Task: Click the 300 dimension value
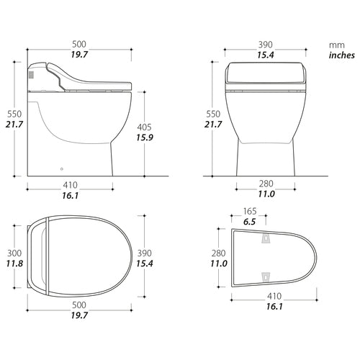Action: coord(12,253)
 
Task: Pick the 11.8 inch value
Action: coord(12,265)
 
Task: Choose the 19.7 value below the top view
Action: coord(79,315)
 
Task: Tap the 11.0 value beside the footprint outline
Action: coord(220,265)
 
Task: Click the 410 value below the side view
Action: coord(71,183)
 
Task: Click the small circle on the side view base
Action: coord(60,171)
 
